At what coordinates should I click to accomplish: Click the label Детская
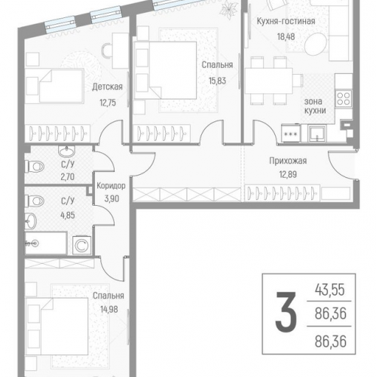coord(107,87)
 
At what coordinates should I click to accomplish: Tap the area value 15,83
coord(217,81)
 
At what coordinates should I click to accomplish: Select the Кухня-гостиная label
coord(286,22)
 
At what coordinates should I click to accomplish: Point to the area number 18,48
coord(286,37)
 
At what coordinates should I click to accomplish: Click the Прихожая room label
coord(288,161)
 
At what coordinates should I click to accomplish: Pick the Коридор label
coord(111,186)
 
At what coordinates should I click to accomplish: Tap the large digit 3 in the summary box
coord(286,312)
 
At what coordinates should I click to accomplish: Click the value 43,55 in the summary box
coord(330,290)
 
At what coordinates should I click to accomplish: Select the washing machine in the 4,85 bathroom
coord(81,245)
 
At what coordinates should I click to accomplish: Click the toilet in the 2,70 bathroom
coord(35,167)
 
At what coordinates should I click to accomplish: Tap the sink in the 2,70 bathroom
coord(66,151)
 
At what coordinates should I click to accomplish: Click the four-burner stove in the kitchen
coord(344,98)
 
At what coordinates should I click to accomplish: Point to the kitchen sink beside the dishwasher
coord(317,133)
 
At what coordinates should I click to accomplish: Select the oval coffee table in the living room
coord(316,44)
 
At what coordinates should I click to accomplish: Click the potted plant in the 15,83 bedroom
coord(227,9)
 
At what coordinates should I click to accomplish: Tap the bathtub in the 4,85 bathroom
coord(45,243)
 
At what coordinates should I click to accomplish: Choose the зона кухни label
coord(315,106)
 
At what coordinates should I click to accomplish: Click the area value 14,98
coord(109,310)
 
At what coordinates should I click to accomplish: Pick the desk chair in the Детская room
coord(107,51)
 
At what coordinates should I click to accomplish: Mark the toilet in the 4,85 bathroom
coord(35,201)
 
